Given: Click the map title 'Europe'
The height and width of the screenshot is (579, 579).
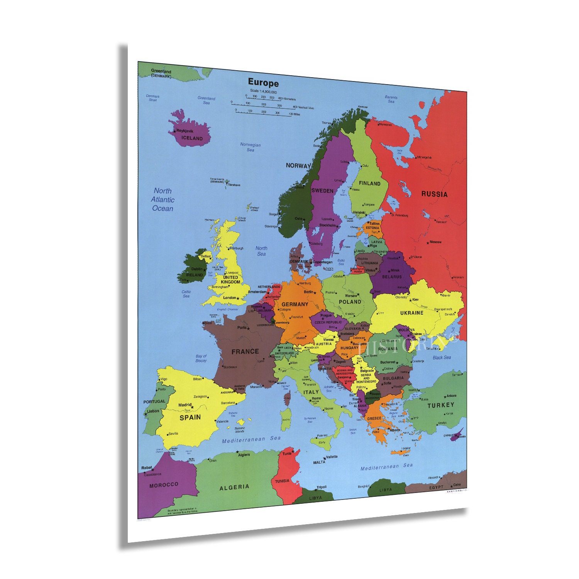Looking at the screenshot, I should (x=263, y=83).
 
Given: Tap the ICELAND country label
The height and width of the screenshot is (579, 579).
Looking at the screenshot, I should (x=192, y=138).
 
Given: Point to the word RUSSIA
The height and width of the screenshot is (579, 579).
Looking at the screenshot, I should (x=434, y=194).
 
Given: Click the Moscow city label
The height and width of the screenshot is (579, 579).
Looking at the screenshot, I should (x=435, y=242).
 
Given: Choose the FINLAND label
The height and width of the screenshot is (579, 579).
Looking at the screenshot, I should (x=369, y=183).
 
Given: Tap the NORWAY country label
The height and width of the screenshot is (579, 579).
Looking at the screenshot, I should (x=298, y=166).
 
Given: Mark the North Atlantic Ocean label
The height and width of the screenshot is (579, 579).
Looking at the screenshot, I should (x=163, y=200).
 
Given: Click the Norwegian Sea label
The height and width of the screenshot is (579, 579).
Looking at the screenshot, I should (x=251, y=147).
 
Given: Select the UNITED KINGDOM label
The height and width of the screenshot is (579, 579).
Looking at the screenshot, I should (x=230, y=279).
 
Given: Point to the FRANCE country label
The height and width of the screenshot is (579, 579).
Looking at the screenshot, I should (x=245, y=352).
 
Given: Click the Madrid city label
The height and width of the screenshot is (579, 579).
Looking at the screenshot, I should (x=185, y=405).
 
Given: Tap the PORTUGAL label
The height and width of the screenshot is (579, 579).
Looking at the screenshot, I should (x=154, y=401).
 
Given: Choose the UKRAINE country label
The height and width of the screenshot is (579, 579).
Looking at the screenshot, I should (x=411, y=313).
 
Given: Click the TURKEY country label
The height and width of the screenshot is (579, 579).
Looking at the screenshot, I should (x=440, y=405).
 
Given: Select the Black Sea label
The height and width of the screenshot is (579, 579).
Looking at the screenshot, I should (x=442, y=357).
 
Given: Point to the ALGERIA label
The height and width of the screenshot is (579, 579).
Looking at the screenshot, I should (x=234, y=488).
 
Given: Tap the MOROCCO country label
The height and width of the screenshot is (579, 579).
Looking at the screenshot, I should (x=164, y=484).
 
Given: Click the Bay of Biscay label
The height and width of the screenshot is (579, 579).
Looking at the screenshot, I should (x=201, y=358).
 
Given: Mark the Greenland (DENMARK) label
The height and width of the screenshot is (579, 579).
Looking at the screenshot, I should (x=161, y=73).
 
